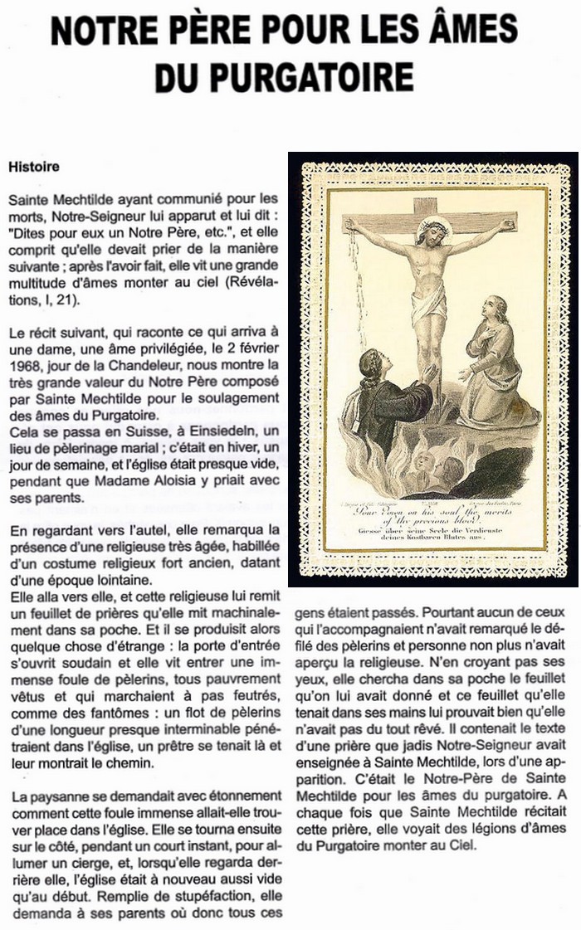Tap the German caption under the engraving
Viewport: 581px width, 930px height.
(x=432, y=538)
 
